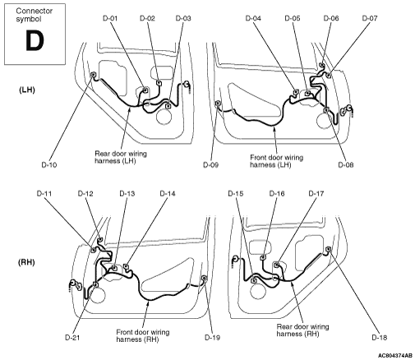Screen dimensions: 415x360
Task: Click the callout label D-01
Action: click(x=110, y=18)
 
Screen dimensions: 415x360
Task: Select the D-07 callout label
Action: click(x=370, y=18)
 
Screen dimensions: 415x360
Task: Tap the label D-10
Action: click(x=49, y=165)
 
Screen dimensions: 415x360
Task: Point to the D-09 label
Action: click(x=210, y=165)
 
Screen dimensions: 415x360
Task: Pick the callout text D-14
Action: click(x=168, y=194)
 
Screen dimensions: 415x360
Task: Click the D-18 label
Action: click(x=380, y=338)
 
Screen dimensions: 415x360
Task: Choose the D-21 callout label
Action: click(x=72, y=338)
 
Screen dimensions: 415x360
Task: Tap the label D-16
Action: click(x=277, y=194)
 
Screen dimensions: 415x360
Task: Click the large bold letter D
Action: click(x=35, y=40)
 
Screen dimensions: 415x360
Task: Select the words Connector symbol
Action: click(x=34, y=15)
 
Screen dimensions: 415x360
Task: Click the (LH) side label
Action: click(x=27, y=90)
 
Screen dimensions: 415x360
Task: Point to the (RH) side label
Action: click(x=26, y=262)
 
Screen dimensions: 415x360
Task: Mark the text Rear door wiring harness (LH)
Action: click(x=121, y=157)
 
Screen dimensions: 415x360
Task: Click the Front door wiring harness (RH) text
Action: click(x=143, y=336)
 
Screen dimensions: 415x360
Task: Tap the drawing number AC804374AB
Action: click(x=395, y=356)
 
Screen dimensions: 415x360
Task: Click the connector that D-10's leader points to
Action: click(x=93, y=75)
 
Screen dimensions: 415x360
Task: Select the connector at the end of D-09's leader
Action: click(x=218, y=104)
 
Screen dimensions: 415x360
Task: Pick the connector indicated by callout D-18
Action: click(x=328, y=249)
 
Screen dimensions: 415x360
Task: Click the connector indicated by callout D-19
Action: click(x=204, y=279)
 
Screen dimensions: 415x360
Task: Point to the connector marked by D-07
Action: click(x=329, y=75)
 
